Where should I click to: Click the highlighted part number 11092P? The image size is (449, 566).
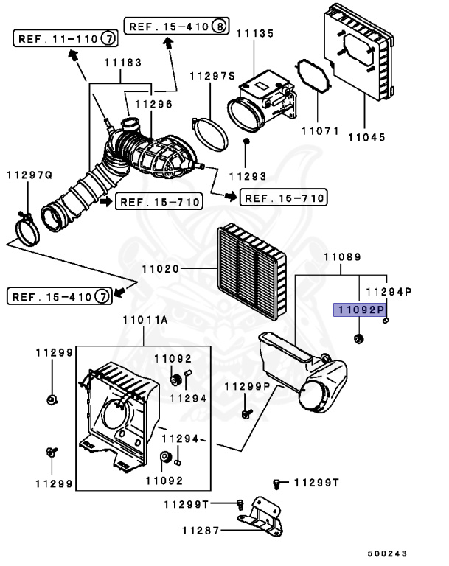(x=360, y=310)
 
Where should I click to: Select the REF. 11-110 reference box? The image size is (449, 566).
(x=66, y=38)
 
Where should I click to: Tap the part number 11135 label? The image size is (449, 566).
(x=255, y=34)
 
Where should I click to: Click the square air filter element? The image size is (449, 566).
(x=251, y=271)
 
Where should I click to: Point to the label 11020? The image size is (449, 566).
(x=161, y=268)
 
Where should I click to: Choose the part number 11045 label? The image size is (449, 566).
(x=366, y=137)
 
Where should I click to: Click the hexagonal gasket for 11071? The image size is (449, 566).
(x=313, y=76)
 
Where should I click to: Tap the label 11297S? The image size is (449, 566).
(x=212, y=76)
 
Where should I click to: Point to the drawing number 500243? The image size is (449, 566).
(x=387, y=553)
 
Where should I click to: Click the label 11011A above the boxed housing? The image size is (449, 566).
(x=145, y=320)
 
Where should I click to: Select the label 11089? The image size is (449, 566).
(x=342, y=257)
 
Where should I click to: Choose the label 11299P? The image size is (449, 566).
(x=247, y=387)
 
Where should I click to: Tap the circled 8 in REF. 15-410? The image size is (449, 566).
(x=219, y=26)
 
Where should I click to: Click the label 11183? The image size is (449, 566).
(x=123, y=63)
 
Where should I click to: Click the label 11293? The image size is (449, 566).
(x=248, y=177)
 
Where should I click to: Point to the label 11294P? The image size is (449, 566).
(x=389, y=291)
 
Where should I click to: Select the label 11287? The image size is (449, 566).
(x=201, y=531)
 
